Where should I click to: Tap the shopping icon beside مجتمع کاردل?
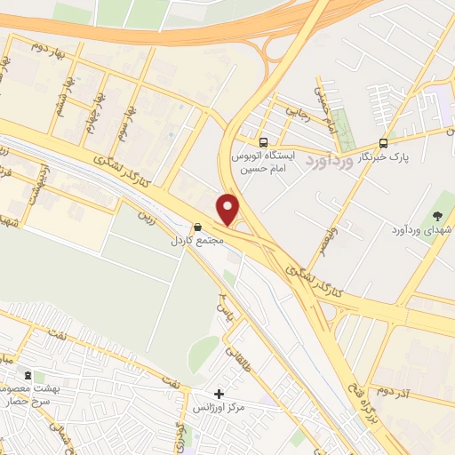tap(197, 227)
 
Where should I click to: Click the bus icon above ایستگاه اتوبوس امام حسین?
tap(263, 142)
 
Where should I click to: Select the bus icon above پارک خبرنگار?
tap(383, 142)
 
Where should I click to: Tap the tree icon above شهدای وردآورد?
tap(436, 215)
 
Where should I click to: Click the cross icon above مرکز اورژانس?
tap(219, 393)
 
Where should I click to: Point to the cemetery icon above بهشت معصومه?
tap(28, 377)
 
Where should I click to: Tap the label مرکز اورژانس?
tap(219, 408)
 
